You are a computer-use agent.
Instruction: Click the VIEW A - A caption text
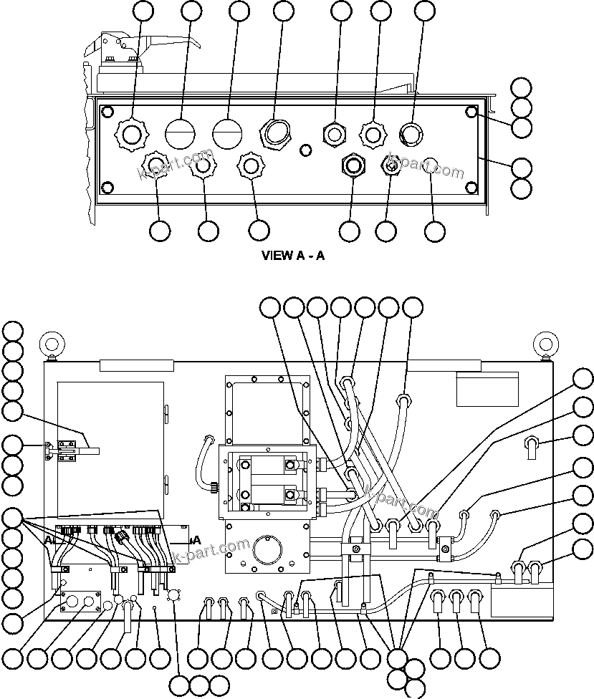click(294, 256)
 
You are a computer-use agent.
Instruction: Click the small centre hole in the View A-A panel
click(306, 150)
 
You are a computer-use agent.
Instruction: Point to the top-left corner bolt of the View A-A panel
click(107, 112)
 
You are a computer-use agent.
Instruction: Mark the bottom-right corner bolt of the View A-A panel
click(471, 188)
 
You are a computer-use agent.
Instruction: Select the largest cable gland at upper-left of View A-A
click(132, 133)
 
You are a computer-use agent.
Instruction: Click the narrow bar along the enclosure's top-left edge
click(136, 365)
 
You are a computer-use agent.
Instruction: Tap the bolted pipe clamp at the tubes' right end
click(448, 549)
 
